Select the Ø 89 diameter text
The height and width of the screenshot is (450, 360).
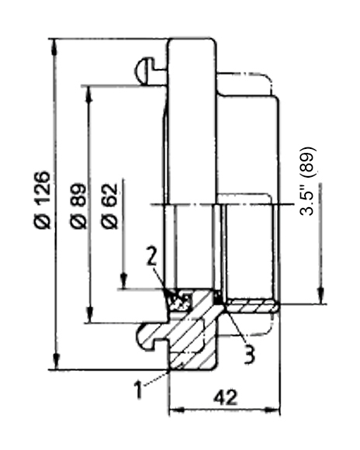point(78,206)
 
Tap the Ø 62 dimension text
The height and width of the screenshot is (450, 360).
point(109,206)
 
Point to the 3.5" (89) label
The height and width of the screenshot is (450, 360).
point(307,182)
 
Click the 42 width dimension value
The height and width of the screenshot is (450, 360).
point(226,397)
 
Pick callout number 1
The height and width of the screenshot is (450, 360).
point(139,389)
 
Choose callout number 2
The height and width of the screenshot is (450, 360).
point(151,255)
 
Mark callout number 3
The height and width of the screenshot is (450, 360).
point(249,355)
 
